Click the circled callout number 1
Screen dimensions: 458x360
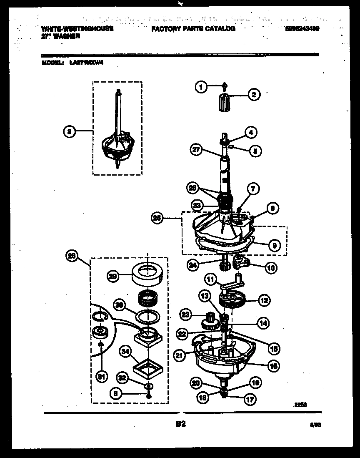tap(201, 87)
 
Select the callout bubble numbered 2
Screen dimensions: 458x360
tap(253, 94)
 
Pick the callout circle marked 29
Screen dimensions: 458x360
tap(113, 275)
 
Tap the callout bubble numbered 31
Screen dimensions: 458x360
tap(100, 377)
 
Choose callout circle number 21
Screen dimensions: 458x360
tap(180, 355)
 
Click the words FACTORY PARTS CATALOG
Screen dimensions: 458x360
tap(193, 29)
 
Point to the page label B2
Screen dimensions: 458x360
tap(180, 424)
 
